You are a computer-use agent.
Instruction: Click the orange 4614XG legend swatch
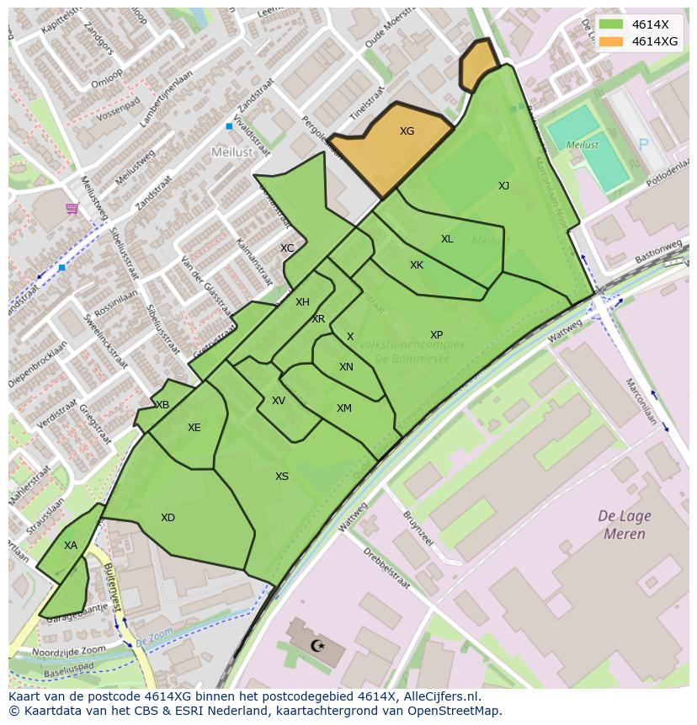[x=612, y=41]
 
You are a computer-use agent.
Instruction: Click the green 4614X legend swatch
[x=612, y=24]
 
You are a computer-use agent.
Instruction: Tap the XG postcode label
[x=407, y=131]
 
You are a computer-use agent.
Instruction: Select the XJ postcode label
[x=503, y=186]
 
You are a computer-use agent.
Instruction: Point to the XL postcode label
[x=447, y=239]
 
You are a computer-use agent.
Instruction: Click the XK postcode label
[x=417, y=265]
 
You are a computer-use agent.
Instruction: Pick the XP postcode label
[x=436, y=335]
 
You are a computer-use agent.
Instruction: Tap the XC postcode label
[x=287, y=248]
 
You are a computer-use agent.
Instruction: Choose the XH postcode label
[x=302, y=302]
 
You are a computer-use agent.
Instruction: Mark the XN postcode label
[x=346, y=367]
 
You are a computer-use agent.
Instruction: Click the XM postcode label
[x=343, y=408]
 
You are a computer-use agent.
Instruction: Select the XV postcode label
[x=279, y=401]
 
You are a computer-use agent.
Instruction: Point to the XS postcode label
[x=282, y=477]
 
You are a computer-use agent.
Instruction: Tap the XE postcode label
[x=194, y=428]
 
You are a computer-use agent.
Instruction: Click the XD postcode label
[x=168, y=518]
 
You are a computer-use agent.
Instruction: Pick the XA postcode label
[x=71, y=546]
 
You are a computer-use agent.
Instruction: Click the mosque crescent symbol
[x=317, y=646]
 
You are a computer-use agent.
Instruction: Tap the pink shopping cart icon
[x=72, y=208]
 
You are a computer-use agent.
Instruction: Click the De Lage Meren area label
[x=624, y=525]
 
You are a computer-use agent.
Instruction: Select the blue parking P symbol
[x=644, y=144]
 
